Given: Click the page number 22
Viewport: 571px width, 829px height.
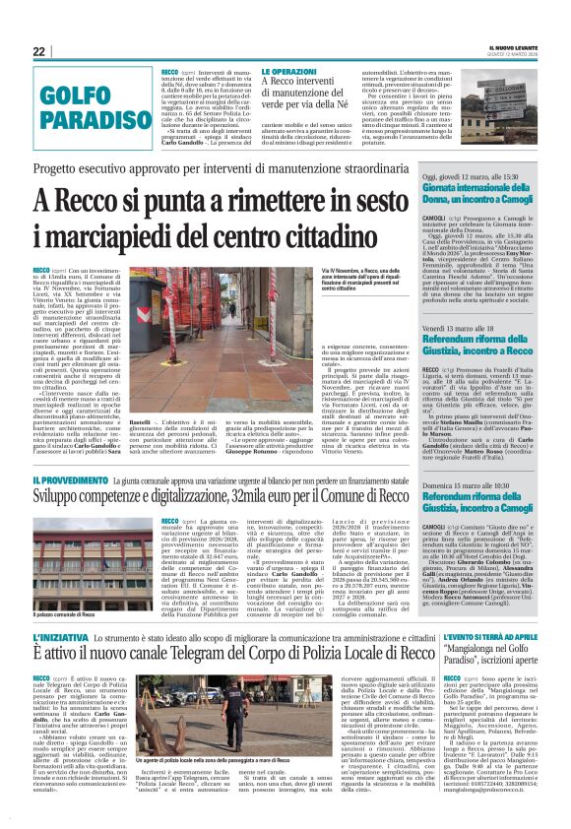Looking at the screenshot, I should tap(38, 52).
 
